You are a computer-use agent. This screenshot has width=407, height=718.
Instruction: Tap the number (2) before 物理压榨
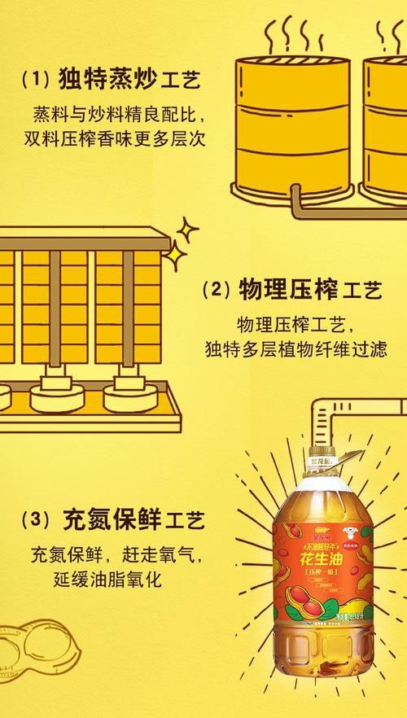point(215,290)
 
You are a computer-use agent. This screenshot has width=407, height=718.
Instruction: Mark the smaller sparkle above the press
point(188,230)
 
